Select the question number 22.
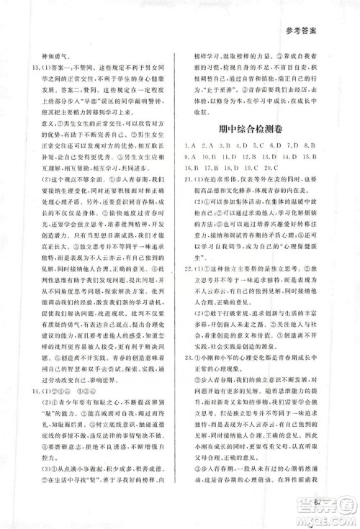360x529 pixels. pyautogui.click(x=189, y=307)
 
